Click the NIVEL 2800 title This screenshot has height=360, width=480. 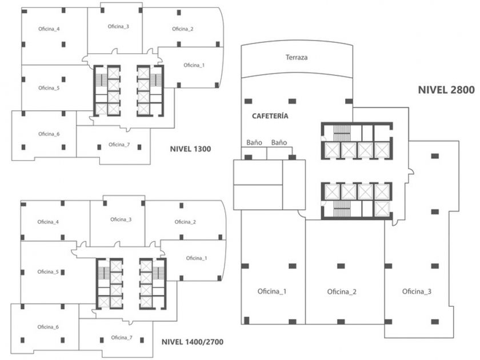446,90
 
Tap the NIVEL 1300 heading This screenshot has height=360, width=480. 190,149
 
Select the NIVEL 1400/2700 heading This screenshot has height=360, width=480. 192,342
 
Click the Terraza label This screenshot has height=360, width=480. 297,57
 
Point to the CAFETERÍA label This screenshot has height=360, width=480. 270,115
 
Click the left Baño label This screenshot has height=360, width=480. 254,142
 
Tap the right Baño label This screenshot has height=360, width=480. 279,142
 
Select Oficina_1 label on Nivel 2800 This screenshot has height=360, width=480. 272,291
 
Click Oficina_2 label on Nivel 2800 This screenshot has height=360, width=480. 342,292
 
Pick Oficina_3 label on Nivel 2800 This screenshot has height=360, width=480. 417,291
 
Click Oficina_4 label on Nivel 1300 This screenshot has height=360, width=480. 49,29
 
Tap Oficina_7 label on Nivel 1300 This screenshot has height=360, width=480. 119,145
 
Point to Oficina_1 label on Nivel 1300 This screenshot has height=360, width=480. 194,65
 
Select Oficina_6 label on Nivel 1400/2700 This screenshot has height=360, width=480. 48,327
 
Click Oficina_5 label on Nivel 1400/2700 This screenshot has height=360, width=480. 48,272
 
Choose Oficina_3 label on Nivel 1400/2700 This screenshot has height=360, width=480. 121,219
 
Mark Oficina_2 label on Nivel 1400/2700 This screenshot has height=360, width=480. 185,222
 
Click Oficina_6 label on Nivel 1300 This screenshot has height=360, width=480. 49,134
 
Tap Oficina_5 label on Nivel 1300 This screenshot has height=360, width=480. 49,88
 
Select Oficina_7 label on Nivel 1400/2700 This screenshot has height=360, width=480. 122,337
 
